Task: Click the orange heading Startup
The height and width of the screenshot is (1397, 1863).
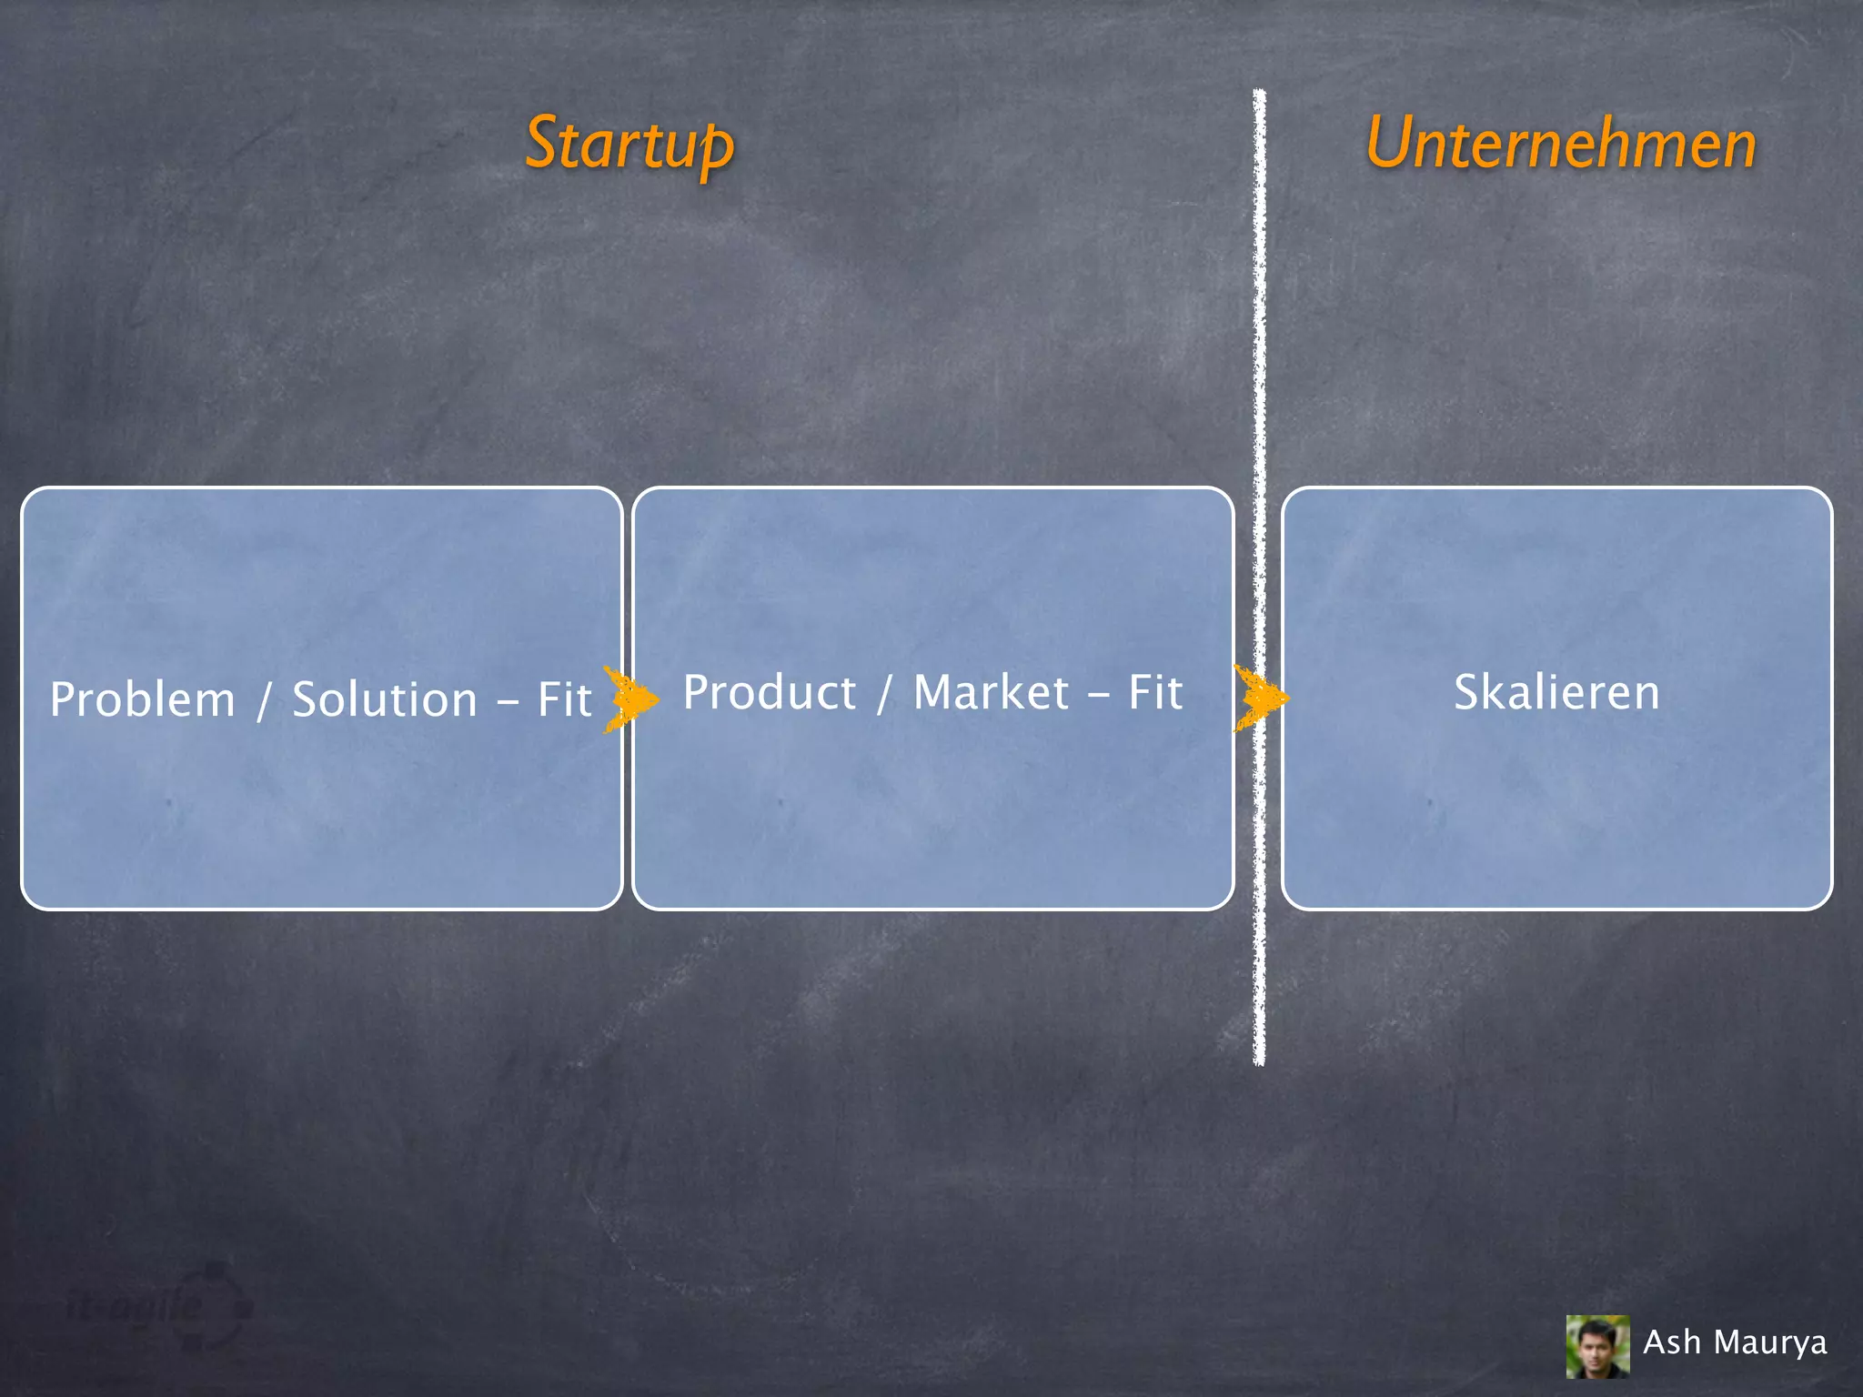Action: point(629,145)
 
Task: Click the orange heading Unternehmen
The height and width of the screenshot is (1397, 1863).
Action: point(1561,145)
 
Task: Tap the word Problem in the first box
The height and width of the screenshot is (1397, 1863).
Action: point(143,699)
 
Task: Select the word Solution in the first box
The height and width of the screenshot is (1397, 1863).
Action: point(385,699)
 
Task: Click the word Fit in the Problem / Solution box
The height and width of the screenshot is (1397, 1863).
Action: point(564,699)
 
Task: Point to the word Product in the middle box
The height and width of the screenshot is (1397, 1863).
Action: point(770,692)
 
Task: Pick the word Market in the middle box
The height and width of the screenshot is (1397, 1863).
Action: point(992,692)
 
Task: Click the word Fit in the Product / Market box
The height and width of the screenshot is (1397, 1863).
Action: point(1155,692)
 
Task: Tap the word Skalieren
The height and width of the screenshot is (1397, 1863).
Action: point(1556,692)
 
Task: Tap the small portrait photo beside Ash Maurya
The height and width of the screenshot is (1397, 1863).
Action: point(1597,1346)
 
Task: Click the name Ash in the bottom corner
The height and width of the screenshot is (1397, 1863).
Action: point(1671,1342)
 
